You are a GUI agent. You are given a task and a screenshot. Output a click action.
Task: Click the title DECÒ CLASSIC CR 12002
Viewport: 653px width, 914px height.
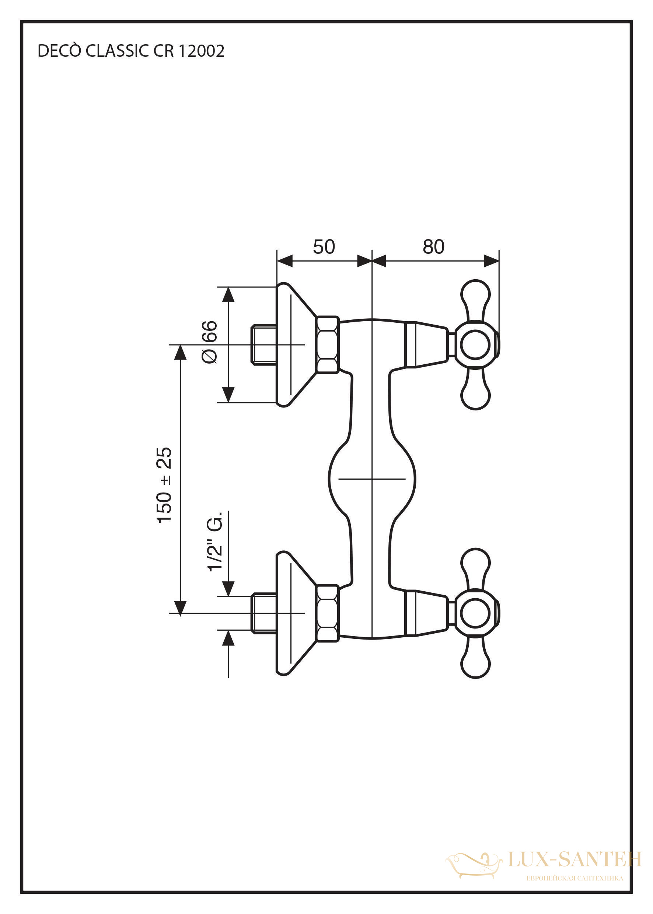[x=131, y=51]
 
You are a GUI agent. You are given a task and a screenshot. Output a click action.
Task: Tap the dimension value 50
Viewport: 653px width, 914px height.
[x=324, y=247]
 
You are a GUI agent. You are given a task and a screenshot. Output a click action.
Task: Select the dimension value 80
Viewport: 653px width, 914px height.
[x=433, y=247]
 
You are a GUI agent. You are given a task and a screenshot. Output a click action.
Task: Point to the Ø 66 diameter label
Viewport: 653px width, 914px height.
[x=209, y=342]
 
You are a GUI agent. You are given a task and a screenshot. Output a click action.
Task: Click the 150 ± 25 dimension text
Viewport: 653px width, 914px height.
[x=164, y=485]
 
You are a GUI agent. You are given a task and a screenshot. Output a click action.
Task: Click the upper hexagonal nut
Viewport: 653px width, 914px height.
[x=327, y=345]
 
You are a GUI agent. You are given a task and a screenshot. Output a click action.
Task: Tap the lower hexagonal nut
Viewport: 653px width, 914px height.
[x=327, y=613]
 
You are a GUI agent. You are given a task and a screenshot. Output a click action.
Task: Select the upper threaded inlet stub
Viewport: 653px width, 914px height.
[x=264, y=345]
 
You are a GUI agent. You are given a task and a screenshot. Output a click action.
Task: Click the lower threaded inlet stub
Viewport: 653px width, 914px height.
[x=264, y=613]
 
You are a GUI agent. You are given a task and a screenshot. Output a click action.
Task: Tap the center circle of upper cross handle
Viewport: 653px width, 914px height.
[x=475, y=345]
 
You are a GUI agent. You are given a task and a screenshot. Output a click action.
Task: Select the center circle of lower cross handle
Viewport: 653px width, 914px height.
[x=475, y=613]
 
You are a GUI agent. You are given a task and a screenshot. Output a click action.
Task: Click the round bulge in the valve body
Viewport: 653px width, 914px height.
[x=372, y=479]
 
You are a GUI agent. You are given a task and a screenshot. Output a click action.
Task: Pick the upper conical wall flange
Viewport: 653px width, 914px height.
[x=296, y=345]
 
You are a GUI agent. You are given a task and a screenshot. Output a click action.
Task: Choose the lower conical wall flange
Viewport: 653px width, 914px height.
[x=296, y=613]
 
